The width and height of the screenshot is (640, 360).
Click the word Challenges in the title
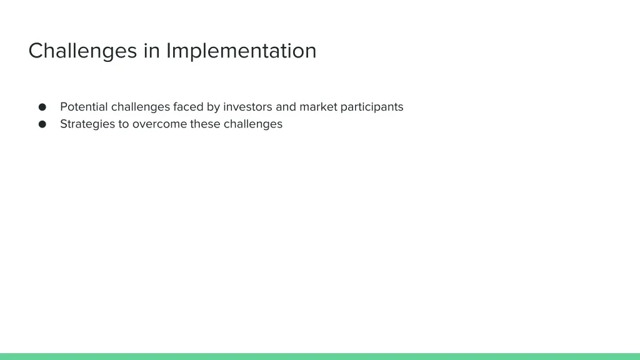click(82, 51)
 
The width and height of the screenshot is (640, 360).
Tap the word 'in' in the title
click(151, 51)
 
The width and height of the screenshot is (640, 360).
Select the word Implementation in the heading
click(241, 51)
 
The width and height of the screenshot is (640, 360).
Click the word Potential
click(84, 106)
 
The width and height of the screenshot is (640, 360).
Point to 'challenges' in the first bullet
click(141, 107)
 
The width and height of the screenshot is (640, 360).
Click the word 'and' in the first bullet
click(286, 106)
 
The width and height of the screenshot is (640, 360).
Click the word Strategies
click(87, 124)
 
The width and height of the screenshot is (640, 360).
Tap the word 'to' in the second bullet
click(124, 124)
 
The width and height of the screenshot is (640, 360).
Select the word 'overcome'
click(159, 124)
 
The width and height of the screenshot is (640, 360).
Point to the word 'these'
click(205, 124)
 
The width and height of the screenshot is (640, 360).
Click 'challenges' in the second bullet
click(253, 124)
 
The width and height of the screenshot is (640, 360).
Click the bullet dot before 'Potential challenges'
click(42, 107)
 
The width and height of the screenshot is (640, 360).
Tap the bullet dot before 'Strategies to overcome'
click(42, 124)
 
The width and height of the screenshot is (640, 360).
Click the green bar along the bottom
click(320, 356)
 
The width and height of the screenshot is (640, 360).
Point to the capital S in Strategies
click(63, 124)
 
